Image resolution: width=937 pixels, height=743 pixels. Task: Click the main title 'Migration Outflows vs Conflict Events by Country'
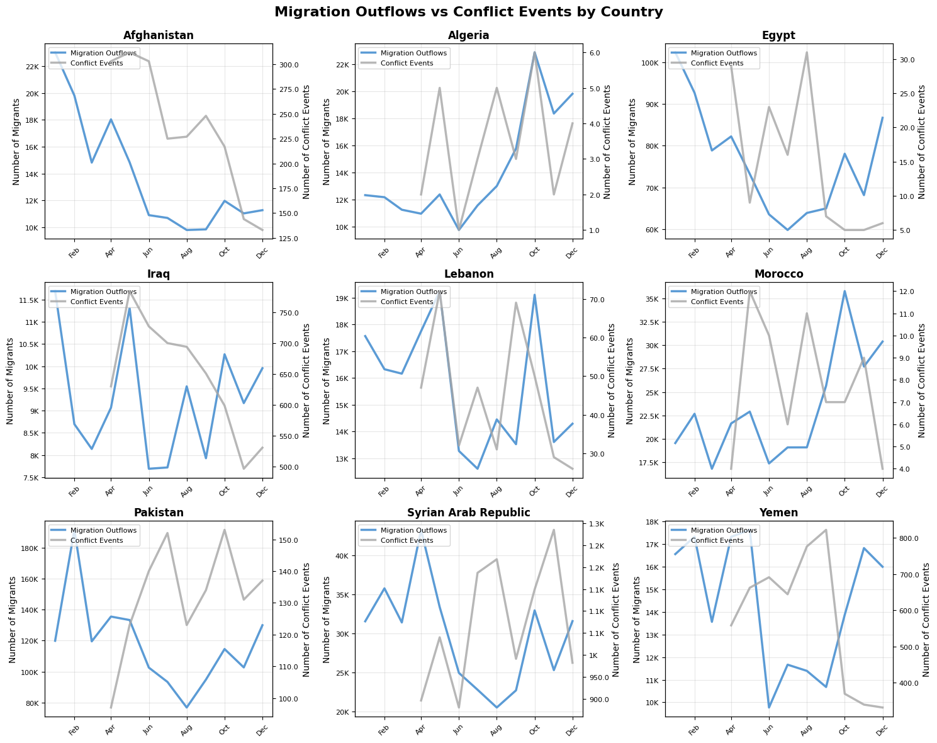click(x=468, y=12)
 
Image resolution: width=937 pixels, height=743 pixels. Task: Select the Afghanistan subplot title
click(x=159, y=36)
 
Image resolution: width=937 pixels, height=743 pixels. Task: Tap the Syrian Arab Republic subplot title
click(x=469, y=513)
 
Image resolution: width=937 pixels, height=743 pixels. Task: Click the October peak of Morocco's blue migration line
click(x=844, y=291)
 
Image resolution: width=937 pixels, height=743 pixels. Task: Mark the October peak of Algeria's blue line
click(x=535, y=53)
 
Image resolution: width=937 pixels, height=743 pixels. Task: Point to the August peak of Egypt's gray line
click(x=807, y=52)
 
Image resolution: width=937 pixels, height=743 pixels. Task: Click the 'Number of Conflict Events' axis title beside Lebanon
click(x=612, y=380)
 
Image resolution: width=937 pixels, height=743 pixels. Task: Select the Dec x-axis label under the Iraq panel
click(x=260, y=489)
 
